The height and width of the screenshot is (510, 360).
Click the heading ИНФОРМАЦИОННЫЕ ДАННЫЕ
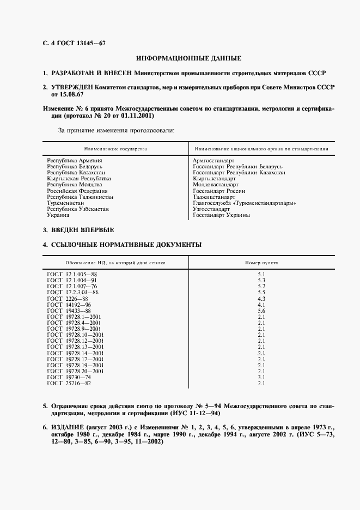click(x=188, y=58)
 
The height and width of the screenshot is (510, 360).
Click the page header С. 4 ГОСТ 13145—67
click(x=69, y=43)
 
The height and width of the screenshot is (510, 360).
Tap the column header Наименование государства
click(x=115, y=148)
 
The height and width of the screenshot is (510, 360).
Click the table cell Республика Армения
click(x=75, y=160)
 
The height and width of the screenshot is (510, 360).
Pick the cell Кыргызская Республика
click(x=79, y=178)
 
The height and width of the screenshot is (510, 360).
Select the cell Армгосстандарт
click(x=213, y=160)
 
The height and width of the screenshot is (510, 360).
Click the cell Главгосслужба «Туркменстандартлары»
click(x=245, y=203)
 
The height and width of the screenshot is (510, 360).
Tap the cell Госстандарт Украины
click(x=222, y=215)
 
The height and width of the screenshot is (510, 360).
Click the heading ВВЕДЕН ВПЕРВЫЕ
click(x=82, y=230)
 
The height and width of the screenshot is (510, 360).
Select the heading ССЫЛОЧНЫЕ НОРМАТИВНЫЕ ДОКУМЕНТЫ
click(x=126, y=245)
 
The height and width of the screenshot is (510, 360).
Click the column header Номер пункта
click(x=261, y=262)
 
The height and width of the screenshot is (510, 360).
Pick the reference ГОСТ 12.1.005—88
click(x=72, y=274)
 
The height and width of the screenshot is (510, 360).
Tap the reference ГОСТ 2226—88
click(x=68, y=298)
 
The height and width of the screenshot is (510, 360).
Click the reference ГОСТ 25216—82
click(x=69, y=383)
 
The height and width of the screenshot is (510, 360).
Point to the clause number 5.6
click(x=261, y=310)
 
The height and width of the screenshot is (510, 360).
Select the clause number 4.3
click(x=261, y=298)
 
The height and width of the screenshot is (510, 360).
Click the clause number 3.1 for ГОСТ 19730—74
click(x=261, y=377)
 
